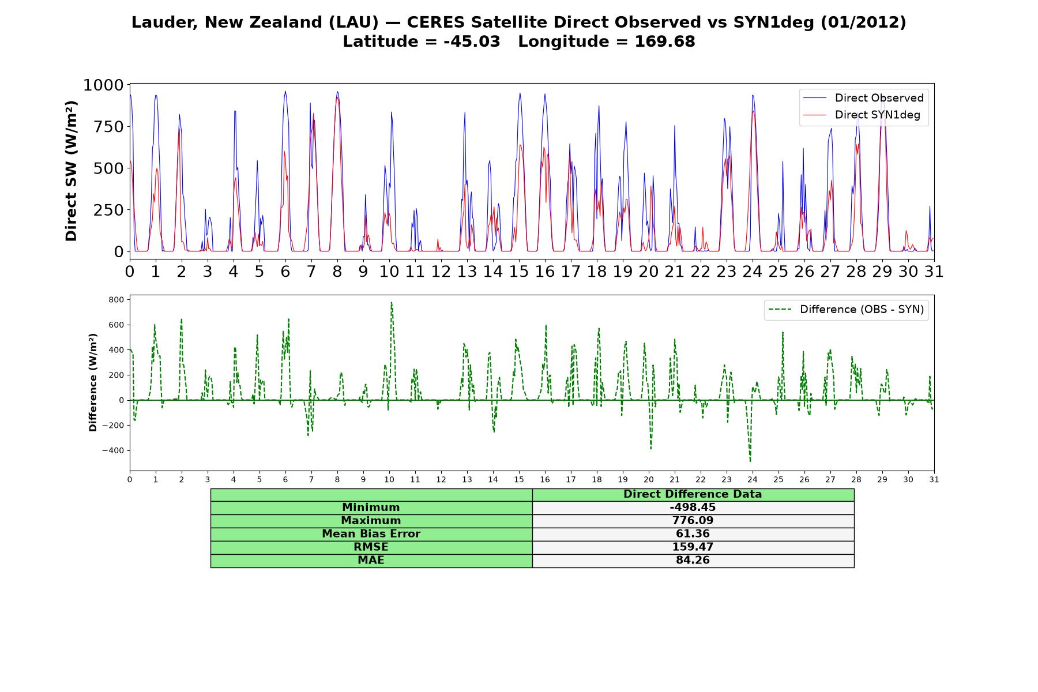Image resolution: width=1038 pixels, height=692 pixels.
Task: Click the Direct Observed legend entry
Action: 863,98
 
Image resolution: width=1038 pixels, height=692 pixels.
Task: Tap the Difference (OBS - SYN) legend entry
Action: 846,310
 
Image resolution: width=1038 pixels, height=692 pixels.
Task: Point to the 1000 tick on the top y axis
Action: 104,85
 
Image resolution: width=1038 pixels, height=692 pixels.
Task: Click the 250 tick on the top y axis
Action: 109,210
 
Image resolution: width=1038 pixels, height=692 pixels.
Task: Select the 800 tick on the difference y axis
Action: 116,300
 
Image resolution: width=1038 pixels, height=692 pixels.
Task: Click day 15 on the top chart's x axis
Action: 519,271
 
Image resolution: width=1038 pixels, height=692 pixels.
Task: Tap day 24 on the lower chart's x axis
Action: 753,479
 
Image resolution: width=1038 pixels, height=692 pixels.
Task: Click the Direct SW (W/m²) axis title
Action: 71,171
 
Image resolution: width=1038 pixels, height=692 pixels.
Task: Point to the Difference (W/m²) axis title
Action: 93,382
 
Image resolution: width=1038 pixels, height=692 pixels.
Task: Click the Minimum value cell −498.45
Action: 693,507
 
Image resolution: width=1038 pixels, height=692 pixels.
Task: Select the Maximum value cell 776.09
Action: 693,521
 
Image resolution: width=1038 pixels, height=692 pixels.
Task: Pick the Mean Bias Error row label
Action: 371,534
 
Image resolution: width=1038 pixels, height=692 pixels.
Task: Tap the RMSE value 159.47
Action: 693,547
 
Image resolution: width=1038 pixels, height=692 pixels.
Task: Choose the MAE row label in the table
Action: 371,561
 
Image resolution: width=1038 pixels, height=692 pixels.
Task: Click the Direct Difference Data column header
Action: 693,494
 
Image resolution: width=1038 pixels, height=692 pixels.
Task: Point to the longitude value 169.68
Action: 665,42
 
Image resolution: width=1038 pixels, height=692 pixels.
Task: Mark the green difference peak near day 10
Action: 391,303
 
